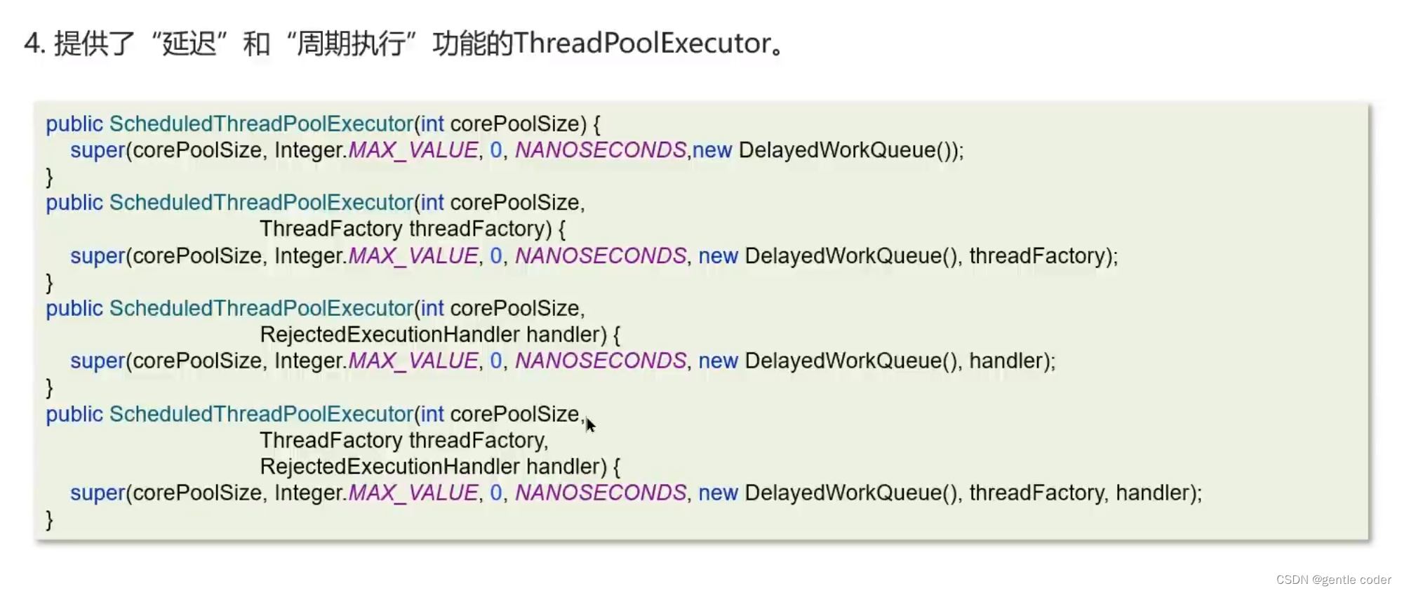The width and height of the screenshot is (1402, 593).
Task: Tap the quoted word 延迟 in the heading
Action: click(x=189, y=44)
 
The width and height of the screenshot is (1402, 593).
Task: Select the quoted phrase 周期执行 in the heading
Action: click(x=351, y=44)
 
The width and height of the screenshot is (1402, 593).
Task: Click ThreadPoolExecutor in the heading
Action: click(x=642, y=44)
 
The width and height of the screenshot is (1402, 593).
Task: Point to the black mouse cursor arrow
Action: click(x=590, y=425)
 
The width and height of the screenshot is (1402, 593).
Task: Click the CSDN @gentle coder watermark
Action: click(x=1333, y=580)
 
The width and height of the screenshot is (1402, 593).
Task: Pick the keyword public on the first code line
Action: click(x=74, y=124)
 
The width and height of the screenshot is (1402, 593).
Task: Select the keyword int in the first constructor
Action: click(x=432, y=124)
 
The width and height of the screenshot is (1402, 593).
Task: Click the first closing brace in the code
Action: click(x=49, y=176)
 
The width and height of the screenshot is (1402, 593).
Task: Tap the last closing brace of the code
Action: click(x=49, y=519)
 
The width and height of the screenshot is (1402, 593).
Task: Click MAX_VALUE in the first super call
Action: click(x=413, y=150)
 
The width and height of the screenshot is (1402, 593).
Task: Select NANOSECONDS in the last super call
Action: click(x=601, y=493)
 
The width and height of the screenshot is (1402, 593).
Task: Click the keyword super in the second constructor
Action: click(x=98, y=256)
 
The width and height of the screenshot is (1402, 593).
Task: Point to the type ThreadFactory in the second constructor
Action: click(x=331, y=229)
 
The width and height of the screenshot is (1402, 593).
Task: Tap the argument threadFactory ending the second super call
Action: click(x=1037, y=256)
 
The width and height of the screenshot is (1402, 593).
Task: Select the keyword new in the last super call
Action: click(x=718, y=493)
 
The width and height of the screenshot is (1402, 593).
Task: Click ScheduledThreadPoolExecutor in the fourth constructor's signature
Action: click(x=261, y=414)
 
